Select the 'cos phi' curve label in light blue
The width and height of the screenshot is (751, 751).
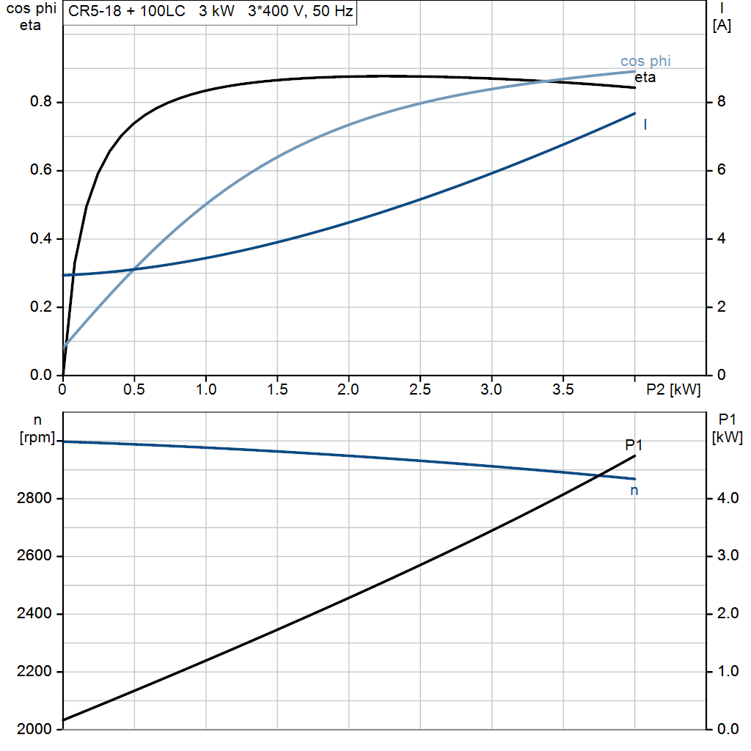tap(645, 61)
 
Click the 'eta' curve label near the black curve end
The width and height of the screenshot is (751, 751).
tap(645, 77)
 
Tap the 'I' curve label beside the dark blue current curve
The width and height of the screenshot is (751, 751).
tap(645, 125)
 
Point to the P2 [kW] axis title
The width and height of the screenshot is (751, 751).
tap(673, 390)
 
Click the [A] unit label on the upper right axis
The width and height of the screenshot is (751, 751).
tap(722, 26)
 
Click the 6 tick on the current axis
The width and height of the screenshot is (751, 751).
tap(720, 170)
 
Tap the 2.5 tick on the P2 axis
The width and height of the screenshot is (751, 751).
tap(420, 390)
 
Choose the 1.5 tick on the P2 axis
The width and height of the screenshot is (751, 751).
tap(277, 390)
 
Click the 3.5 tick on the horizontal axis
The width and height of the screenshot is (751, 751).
tap(563, 390)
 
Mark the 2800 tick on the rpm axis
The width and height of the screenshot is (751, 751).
tap(34, 499)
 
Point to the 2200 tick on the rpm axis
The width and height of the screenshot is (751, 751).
tap(34, 672)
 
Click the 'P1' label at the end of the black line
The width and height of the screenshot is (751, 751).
tap(634, 444)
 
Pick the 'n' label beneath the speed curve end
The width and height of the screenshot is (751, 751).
tap(634, 491)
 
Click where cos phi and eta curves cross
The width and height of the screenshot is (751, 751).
tap(546, 80)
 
